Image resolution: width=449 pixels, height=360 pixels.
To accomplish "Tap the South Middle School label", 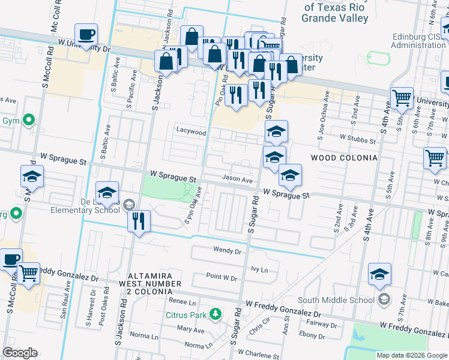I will pyautogui.click(x=336, y=299).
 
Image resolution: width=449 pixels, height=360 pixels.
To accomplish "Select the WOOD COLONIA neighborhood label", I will pyautogui.click(x=344, y=158).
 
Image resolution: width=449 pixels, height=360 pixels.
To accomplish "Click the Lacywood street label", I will pyautogui.click(x=191, y=131).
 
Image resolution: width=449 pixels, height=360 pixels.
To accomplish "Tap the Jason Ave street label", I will pyautogui.click(x=237, y=179).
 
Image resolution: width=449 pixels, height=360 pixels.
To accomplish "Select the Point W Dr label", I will pyautogui.click(x=221, y=277).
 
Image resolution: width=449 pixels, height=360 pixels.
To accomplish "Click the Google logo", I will pyautogui.click(x=20, y=353).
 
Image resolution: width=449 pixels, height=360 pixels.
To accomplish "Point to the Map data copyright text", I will pyautogui.click(x=411, y=355).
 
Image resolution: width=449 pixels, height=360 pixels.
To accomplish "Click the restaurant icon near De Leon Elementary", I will pyautogui.click(x=138, y=221).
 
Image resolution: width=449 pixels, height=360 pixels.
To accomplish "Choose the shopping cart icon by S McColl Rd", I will pyautogui.click(x=29, y=274).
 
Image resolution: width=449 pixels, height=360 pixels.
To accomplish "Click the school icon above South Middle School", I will pyautogui.click(x=379, y=275).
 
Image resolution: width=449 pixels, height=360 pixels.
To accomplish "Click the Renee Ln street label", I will pyautogui.click(x=182, y=302).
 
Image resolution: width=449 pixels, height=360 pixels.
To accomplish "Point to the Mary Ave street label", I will pyautogui.click(x=191, y=329).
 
